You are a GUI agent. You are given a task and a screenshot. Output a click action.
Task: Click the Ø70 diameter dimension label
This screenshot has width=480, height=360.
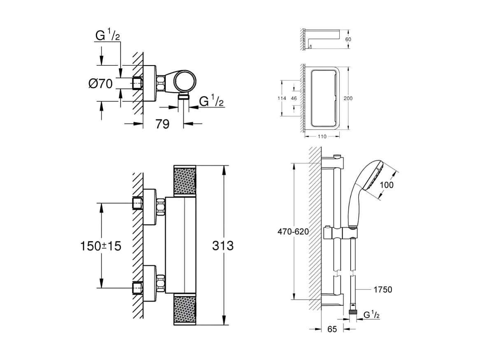[x=100, y=84]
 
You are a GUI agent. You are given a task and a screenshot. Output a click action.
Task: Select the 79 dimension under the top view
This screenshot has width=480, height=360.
[x=162, y=124]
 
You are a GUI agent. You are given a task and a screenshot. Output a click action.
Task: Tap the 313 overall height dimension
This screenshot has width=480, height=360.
[x=223, y=246]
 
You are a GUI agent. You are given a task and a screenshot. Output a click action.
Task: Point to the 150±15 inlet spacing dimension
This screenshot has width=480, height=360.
[x=100, y=246]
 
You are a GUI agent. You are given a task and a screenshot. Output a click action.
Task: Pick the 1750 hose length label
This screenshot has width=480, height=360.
[x=382, y=290]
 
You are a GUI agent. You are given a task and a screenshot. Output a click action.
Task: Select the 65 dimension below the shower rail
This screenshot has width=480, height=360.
[x=333, y=329]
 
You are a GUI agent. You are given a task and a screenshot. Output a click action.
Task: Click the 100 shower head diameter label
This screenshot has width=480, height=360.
[x=386, y=185]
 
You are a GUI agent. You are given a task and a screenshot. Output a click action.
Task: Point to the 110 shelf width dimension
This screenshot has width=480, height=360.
[x=322, y=137]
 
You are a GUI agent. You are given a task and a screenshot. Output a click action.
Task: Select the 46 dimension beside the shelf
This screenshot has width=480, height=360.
[x=294, y=98]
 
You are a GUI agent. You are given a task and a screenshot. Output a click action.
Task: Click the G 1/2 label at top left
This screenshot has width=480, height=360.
[x=107, y=36]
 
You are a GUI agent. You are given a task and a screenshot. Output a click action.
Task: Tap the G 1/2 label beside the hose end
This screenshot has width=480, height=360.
[x=371, y=315]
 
